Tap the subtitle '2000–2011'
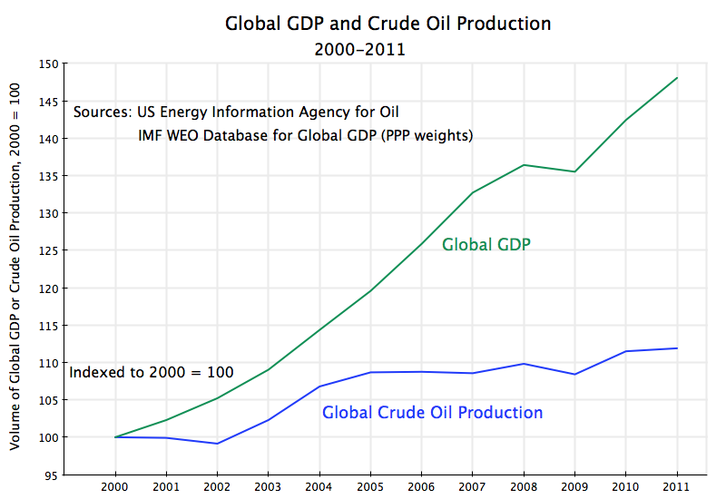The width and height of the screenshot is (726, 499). pyautogui.click(x=360, y=49)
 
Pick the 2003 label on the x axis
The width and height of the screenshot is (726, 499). pyautogui.click(x=268, y=486)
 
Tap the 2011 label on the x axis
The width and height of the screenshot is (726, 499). pyautogui.click(x=677, y=486)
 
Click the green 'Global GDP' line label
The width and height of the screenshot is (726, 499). pyautogui.click(x=486, y=244)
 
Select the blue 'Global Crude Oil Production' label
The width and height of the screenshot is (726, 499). pyautogui.click(x=432, y=413)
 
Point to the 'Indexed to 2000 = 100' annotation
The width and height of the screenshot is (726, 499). pyautogui.click(x=152, y=372)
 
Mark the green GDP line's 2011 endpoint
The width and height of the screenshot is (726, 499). pyautogui.click(x=677, y=78)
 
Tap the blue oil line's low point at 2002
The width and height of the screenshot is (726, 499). pyautogui.click(x=217, y=444)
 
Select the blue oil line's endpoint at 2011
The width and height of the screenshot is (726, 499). pyautogui.click(x=677, y=348)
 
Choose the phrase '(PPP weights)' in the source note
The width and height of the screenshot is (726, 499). pyautogui.click(x=432, y=135)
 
